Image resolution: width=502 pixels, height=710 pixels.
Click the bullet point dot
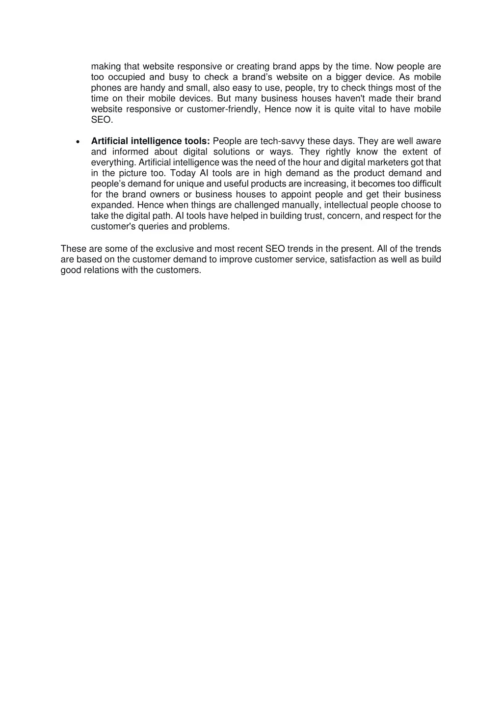(78, 142)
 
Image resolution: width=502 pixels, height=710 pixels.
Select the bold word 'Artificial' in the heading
(109, 141)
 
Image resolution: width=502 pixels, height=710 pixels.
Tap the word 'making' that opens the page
(106, 67)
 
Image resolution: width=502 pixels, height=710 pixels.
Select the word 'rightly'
(338, 152)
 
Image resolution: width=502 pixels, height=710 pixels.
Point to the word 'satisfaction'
(352, 260)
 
